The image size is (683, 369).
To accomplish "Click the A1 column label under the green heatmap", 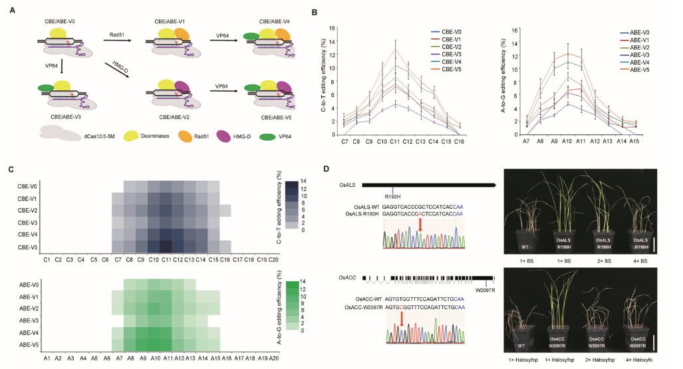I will tap(47, 359).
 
